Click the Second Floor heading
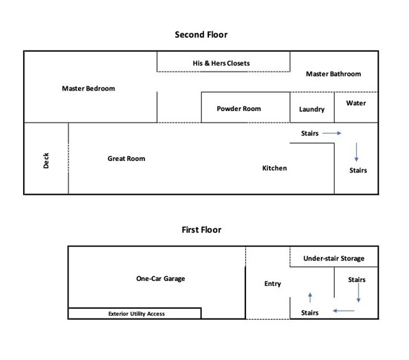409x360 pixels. (201, 34)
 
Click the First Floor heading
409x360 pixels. (201, 230)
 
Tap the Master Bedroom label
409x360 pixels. (88, 88)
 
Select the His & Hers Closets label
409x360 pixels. (221, 63)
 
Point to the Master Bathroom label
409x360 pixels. (333, 74)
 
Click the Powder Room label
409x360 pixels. (238, 109)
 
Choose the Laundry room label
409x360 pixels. (312, 109)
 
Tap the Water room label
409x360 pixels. (356, 103)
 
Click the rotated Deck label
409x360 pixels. (46, 160)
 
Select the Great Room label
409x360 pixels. (126, 158)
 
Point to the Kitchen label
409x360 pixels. (275, 168)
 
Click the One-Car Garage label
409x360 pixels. (160, 278)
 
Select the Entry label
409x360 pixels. (273, 283)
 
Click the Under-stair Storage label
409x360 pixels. (334, 258)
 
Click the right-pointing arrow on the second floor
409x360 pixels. (332, 133)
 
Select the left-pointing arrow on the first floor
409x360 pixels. (344, 311)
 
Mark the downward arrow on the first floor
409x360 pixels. (359, 293)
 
